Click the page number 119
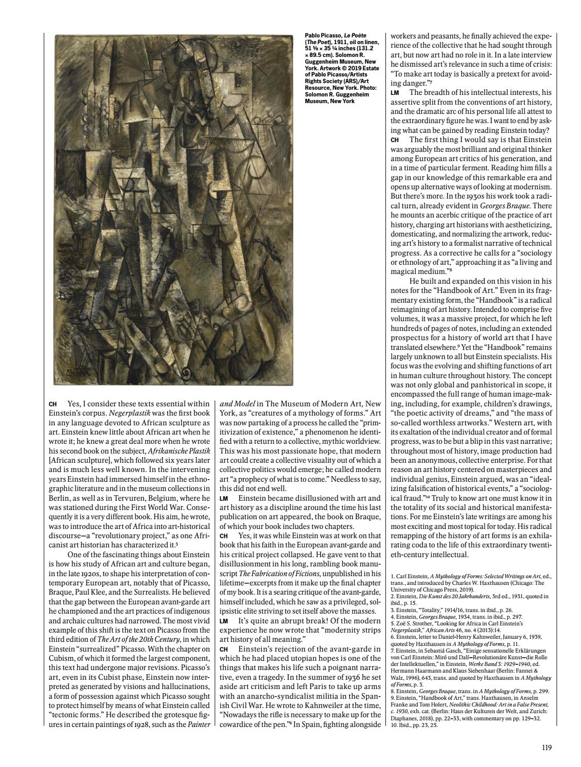tap(546, 748)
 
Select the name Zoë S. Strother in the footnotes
tap(411, 619)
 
